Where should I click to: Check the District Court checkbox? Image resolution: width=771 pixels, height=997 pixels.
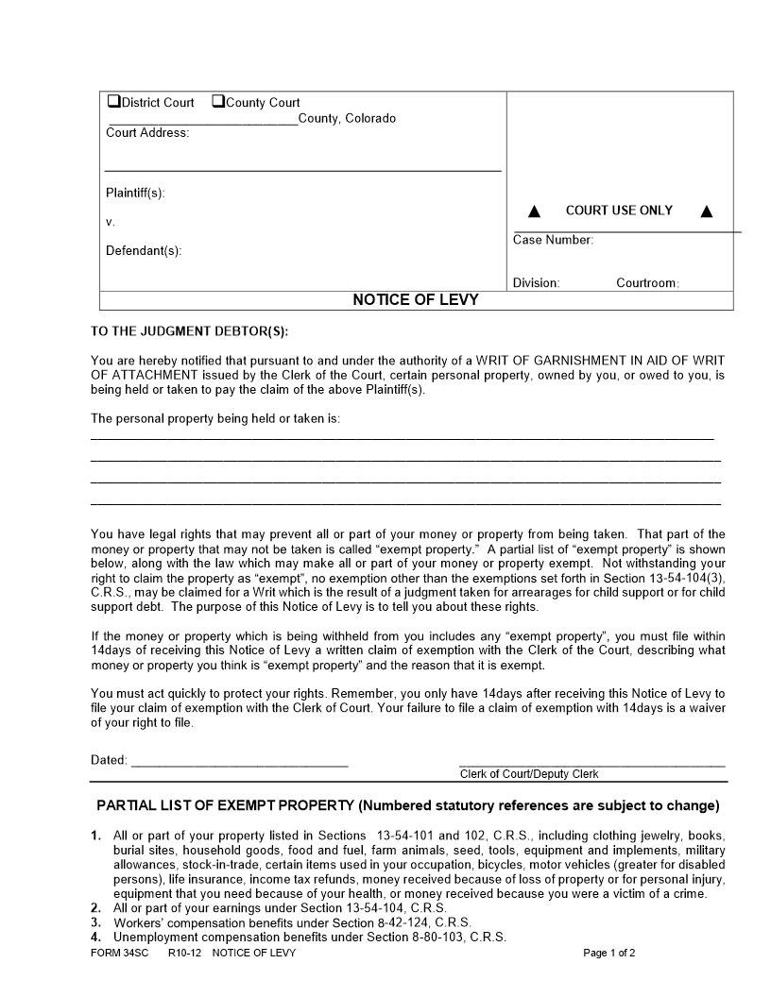click(x=113, y=102)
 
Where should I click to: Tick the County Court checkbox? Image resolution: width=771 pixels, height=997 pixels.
click(x=217, y=102)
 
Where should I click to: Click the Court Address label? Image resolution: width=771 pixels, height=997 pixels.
click(x=147, y=133)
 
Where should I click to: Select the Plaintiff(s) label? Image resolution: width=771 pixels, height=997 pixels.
click(x=135, y=193)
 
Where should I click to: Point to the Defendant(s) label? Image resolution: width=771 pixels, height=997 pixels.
click(x=144, y=250)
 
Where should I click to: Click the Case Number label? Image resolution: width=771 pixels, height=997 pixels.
click(x=553, y=240)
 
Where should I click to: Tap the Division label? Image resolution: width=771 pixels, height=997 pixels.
click(x=536, y=283)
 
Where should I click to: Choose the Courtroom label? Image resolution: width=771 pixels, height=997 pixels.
click(x=647, y=283)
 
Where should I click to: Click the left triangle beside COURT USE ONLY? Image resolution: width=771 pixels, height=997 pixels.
click(x=534, y=211)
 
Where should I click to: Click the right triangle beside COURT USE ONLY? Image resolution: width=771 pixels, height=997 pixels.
click(x=706, y=211)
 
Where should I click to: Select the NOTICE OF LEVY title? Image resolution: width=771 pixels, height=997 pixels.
click(x=416, y=300)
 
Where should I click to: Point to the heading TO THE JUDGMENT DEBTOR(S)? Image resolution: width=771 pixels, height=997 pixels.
click(x=189, y=331)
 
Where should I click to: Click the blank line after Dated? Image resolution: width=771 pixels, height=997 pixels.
click(x=239, y=761)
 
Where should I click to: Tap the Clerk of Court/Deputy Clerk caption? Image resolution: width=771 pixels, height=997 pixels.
click(x=529, y=774)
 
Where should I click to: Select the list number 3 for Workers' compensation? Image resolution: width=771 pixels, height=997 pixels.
click(x=95, y=922)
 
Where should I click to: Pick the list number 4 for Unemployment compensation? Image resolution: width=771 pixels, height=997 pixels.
click(x=95, y=938)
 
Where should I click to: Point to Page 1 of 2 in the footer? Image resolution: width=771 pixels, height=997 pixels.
click(x=609, y=954)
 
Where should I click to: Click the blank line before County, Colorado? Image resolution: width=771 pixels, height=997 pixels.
click(x=202, y=120)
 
